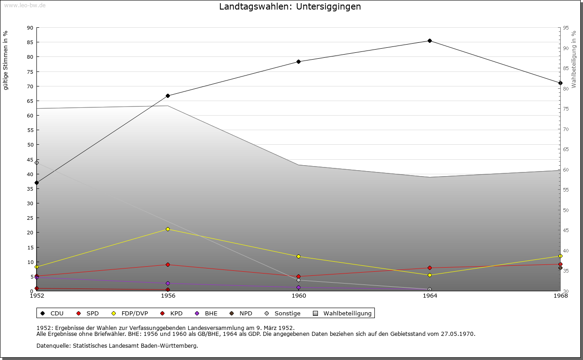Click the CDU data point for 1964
click(x=430, y=41)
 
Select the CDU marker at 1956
click(x=168, y=96)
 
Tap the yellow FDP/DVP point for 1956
click(x=168, y=229)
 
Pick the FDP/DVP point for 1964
click(x=430, y=275)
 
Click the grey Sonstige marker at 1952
click(x=37, y=162)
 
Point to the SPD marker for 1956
click(x=168, y=265)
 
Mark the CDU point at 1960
click(x=298, y=61)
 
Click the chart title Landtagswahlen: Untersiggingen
click(x=290, y=7)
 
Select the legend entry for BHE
click(x=211, y=314)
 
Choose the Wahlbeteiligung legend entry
click(x=347, y=314)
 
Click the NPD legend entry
click(x=245, y=314)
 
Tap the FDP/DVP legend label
click(x=134, y=314)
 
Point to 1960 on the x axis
click(x=299, y=296)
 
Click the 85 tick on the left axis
click(x=30, y=42)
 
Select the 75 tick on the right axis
click(x=565, y=109)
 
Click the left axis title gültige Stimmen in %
click(x=6, y=60)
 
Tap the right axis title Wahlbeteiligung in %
click(x=574, y=60)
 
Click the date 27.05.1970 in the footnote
click(x=458, y=334)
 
